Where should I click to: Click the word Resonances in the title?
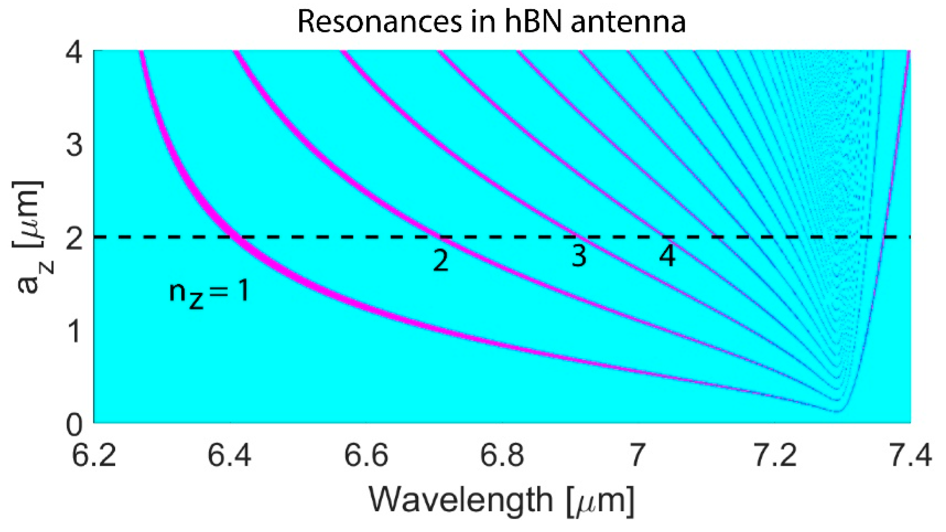(x=380, y=21)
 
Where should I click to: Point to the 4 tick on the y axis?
(x=74, y=53)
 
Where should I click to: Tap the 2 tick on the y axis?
(x=74, y=238)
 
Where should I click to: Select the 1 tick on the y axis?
(x=74, y=331)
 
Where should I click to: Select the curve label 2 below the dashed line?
(x=441, y=260)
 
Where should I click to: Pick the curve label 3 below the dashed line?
(x=579, y=256)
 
